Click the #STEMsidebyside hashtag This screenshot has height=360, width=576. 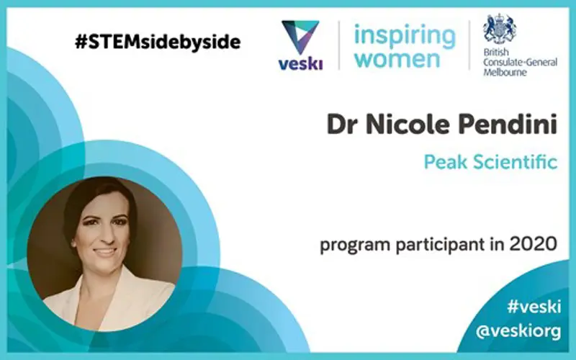(x=158, y=42)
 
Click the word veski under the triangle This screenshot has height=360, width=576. (x=300, y=64)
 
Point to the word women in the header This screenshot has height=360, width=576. (x=397, y=59)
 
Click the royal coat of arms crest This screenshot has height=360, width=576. (x=500, y=30)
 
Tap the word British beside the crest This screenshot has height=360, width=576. (x=496, y=52)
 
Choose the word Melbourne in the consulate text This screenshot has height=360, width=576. (x=505, y=72)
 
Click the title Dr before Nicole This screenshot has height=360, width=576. (x=343, y=124)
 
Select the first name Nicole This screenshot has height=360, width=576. (x=408, y=124)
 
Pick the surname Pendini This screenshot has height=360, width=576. (x=508, y=124)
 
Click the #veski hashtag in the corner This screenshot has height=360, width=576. (x=534, y=307)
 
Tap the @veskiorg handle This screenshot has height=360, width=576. (x=518, y=332)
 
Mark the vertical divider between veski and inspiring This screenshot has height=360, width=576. (x=338, y=45)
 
